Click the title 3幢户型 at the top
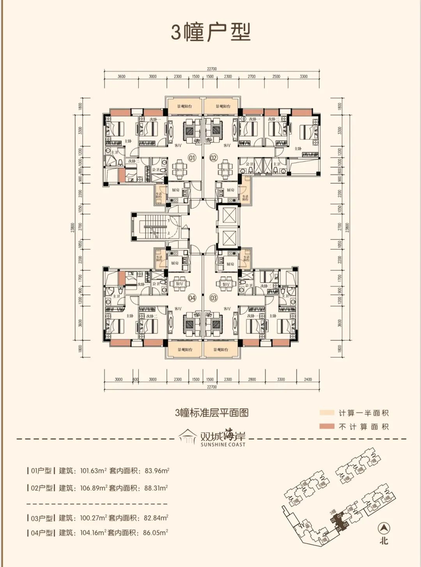(210, 32)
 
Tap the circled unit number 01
(192, 158)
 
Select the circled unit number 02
(213, 158)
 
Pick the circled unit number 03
(213, 298)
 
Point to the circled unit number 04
(192, 298)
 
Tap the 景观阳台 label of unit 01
(185, 106)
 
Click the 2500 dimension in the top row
(276, 76)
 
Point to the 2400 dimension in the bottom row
(308, 379)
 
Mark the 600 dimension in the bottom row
(136, 379)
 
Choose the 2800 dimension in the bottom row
(252, 379)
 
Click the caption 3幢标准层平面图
(212, 413)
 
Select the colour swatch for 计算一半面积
(327, 413)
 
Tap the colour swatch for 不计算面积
(327, 427)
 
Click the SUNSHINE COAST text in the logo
(223, 445)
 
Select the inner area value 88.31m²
(156, 488)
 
